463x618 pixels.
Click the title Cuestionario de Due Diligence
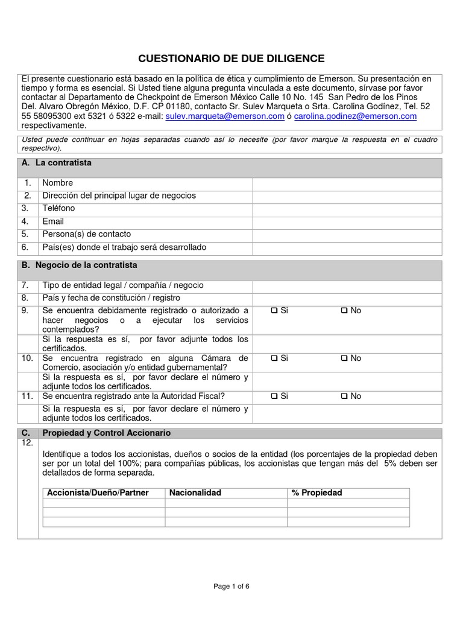click(231, 59)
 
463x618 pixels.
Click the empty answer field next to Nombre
click(347, 183)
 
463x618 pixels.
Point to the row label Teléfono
click(58, 209)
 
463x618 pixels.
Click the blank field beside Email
click(347, 221)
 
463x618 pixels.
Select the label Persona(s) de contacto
click(86, 234)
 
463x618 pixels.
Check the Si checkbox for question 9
click(274, 311)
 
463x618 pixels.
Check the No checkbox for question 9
click(344, 311)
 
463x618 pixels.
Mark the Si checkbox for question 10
click(274, 358)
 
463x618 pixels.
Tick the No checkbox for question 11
click(344, 397)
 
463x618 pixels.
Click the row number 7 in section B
click(25, 285)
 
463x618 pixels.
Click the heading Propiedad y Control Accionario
click(106, 433)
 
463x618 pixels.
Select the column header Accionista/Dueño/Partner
click(98, 493)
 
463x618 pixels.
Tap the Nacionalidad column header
click(195, 493)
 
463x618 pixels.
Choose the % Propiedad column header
click(317, 493)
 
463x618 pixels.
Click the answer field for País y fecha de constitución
click(347, 298)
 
